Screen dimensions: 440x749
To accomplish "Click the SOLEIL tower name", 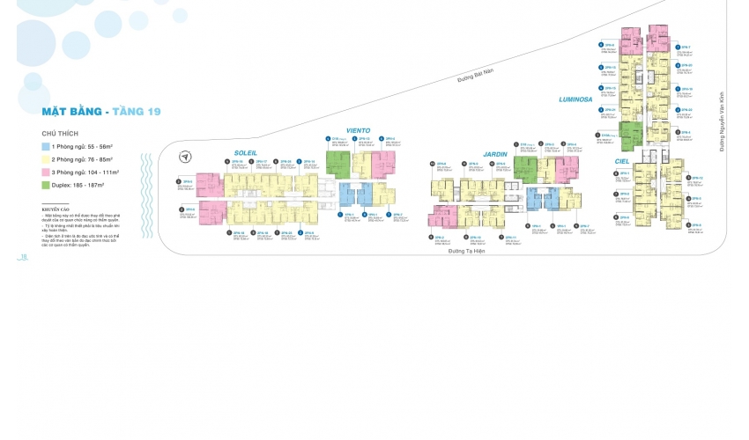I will coord(245,152).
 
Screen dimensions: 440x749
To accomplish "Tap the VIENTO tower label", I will coord(358,129).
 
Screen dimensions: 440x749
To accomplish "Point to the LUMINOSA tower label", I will coord(575,99).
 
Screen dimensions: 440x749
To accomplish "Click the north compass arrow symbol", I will coord(186,158).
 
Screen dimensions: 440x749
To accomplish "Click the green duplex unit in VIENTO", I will coord(337,163).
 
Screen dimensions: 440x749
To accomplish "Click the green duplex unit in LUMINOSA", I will coord(630,136).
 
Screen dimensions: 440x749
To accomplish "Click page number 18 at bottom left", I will coord(24,257).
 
